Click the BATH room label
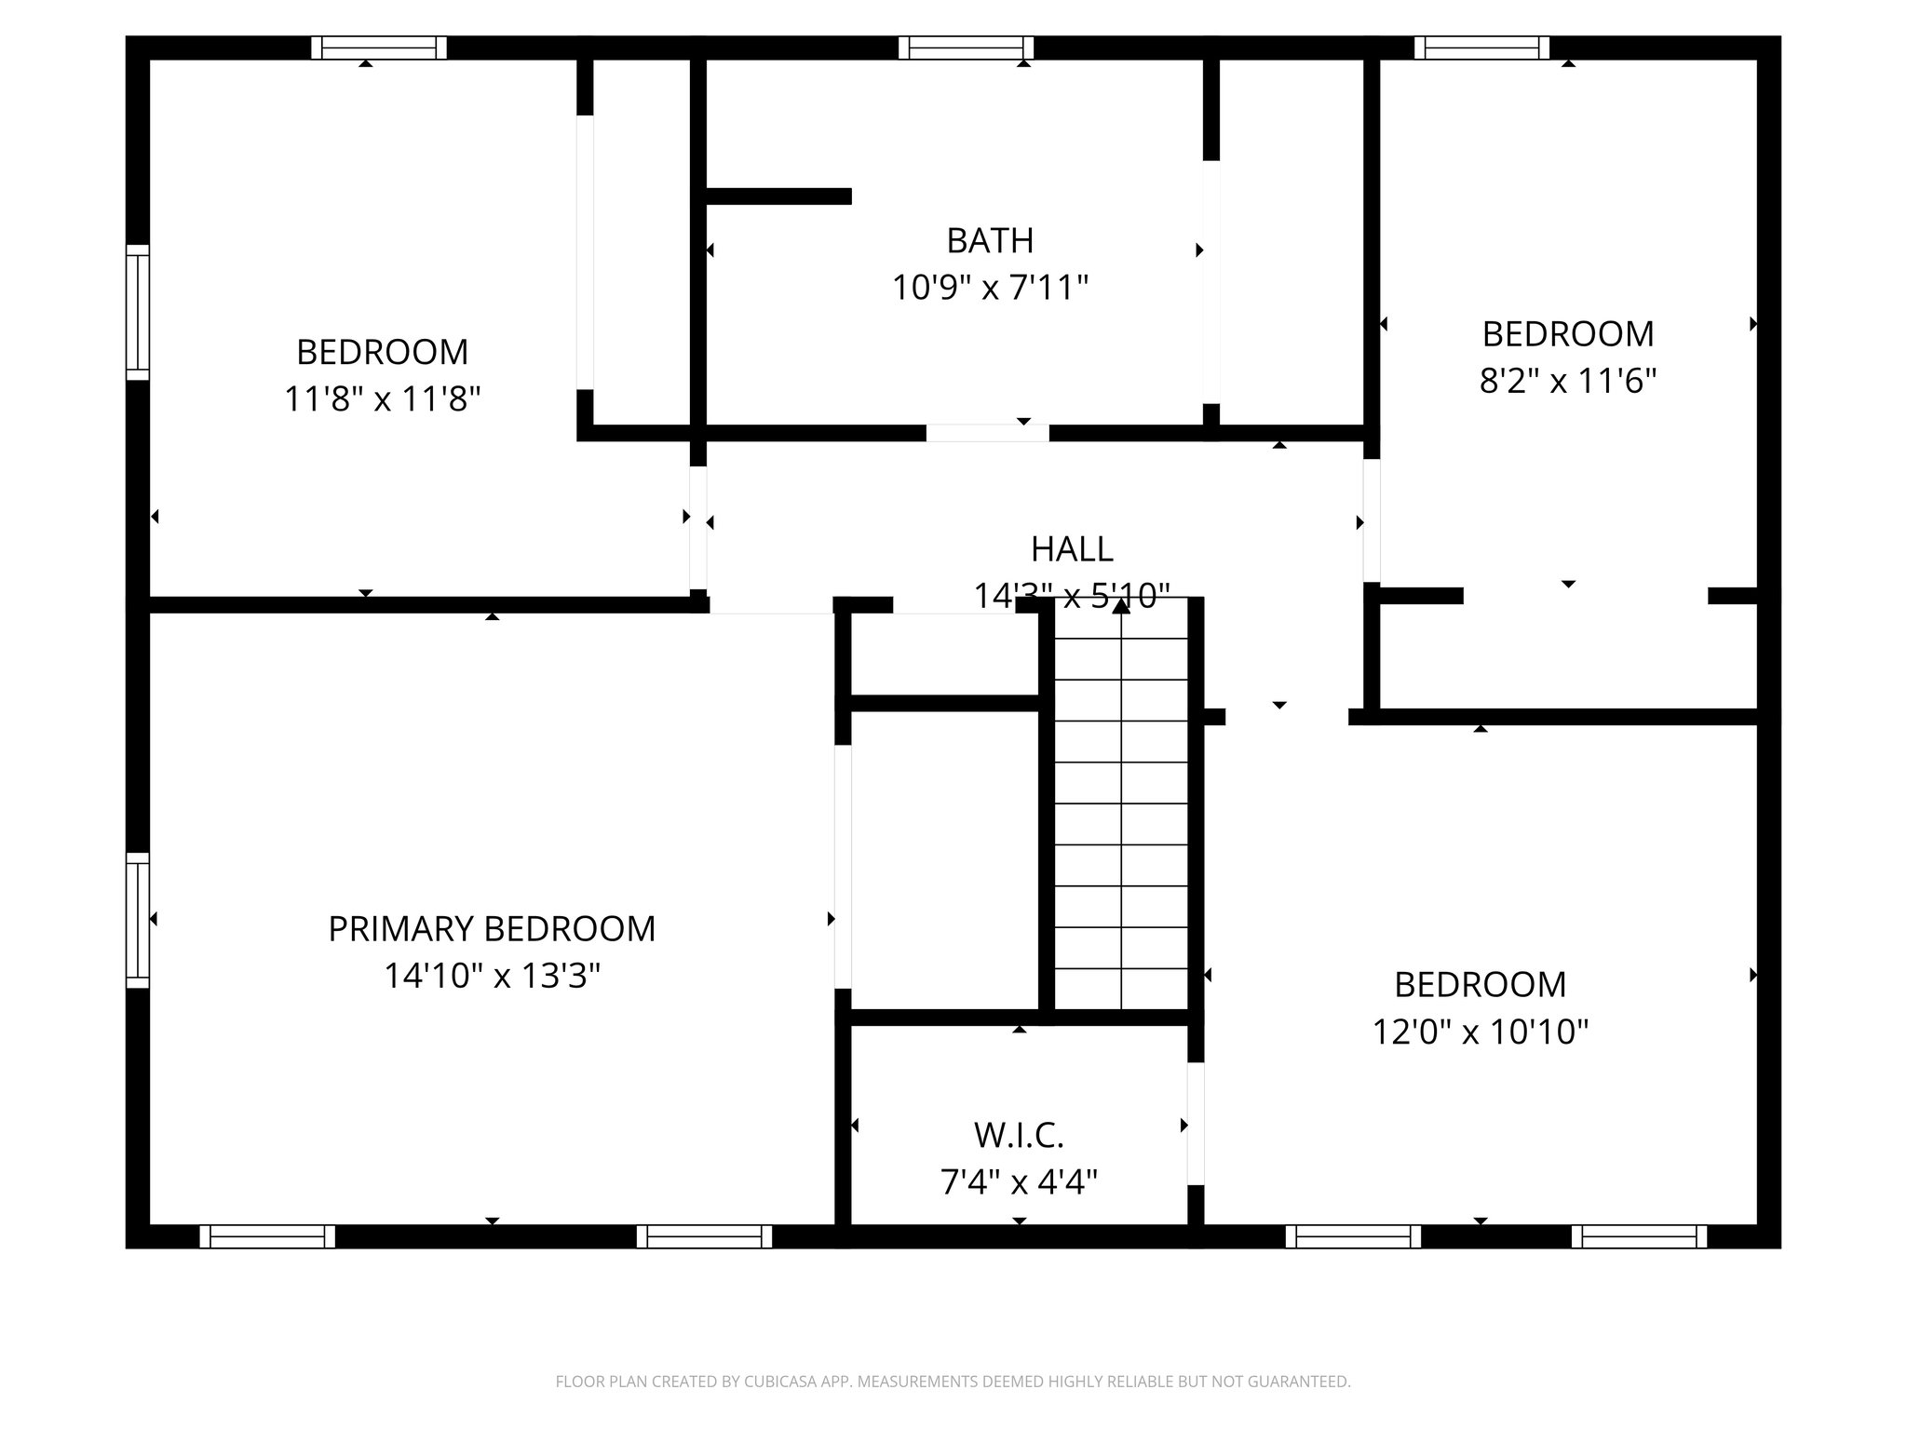(990, 241)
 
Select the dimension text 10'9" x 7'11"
(990, 289)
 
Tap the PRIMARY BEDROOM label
(492, 929)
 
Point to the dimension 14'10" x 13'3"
(492, 977)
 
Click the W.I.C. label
(1019, 1136)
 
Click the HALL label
(1072, 549)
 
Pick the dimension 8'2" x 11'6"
(1568, 382)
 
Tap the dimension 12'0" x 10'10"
(1481, 1032)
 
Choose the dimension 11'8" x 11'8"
(382, 400)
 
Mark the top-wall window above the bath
(967, 47)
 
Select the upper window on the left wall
(138, 312)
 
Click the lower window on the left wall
(138, 920)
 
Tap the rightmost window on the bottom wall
(1639, 1236)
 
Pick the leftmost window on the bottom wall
(267, 1236)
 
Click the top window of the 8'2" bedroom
(1481, 47)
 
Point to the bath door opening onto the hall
(987, 433)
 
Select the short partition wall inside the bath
(778, 196)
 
